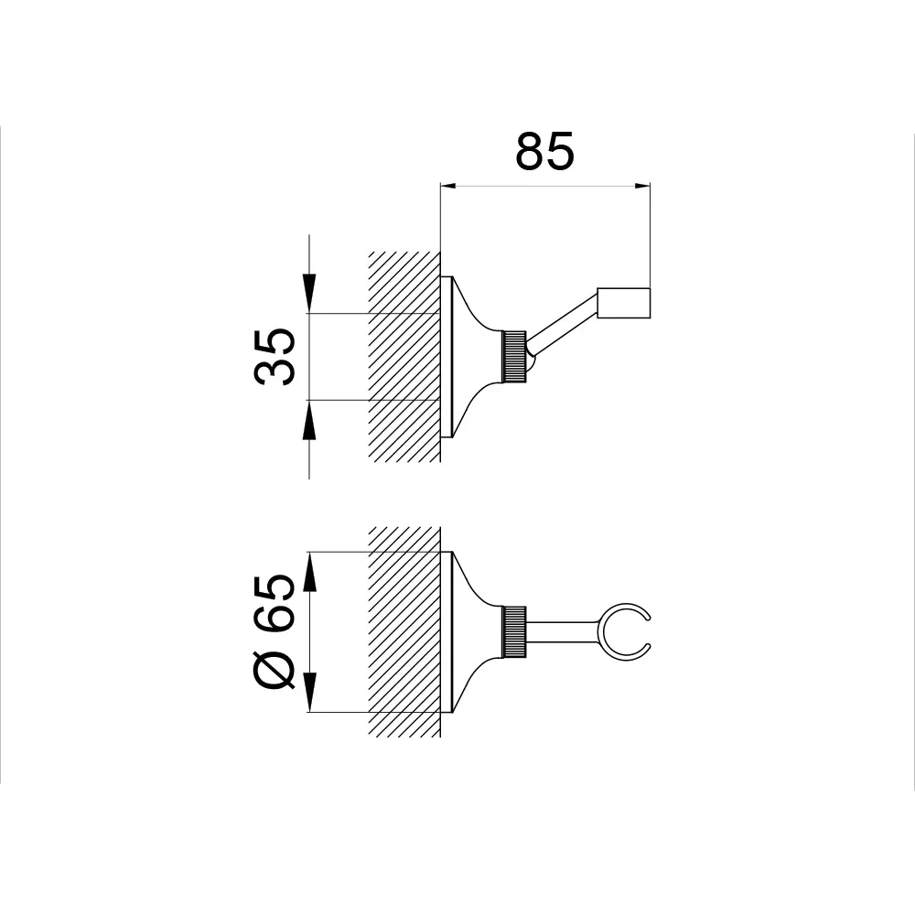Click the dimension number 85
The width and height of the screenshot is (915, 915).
click(545, 151)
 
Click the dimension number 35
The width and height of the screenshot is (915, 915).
click(274, 357)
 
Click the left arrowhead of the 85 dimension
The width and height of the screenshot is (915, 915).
click(447, 186)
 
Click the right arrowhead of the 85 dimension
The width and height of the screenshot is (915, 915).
click(642, 186)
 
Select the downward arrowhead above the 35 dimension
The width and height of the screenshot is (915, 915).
click(309, 293)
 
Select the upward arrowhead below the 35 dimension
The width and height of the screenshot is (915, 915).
click(309, 420)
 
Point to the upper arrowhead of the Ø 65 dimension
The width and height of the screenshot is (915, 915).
click(310, 572)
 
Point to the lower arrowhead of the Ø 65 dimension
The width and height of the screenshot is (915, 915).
click(310, 692)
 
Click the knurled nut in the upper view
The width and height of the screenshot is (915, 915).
click(514, 357)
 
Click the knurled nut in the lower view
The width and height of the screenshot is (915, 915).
click(514, 632)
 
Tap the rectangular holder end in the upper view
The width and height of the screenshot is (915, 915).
click(623, 303)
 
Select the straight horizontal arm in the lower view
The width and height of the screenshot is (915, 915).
click(563, 632)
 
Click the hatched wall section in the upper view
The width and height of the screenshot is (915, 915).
click(404, 357)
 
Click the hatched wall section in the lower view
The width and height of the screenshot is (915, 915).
click(404, 632)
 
